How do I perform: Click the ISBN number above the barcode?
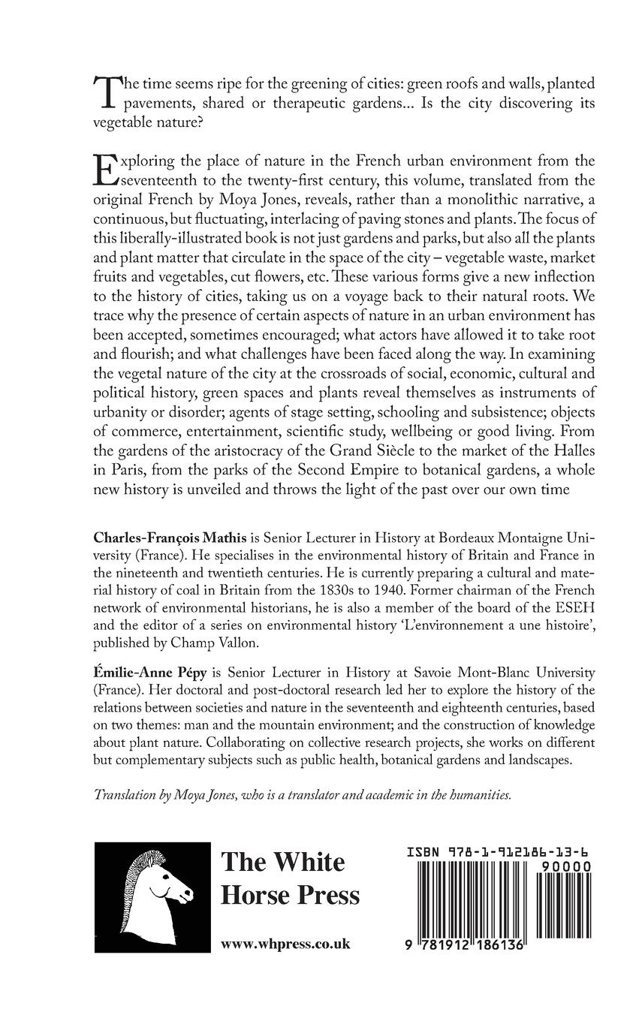tap(498, 853)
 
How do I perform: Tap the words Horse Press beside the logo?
tap(290, 896)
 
